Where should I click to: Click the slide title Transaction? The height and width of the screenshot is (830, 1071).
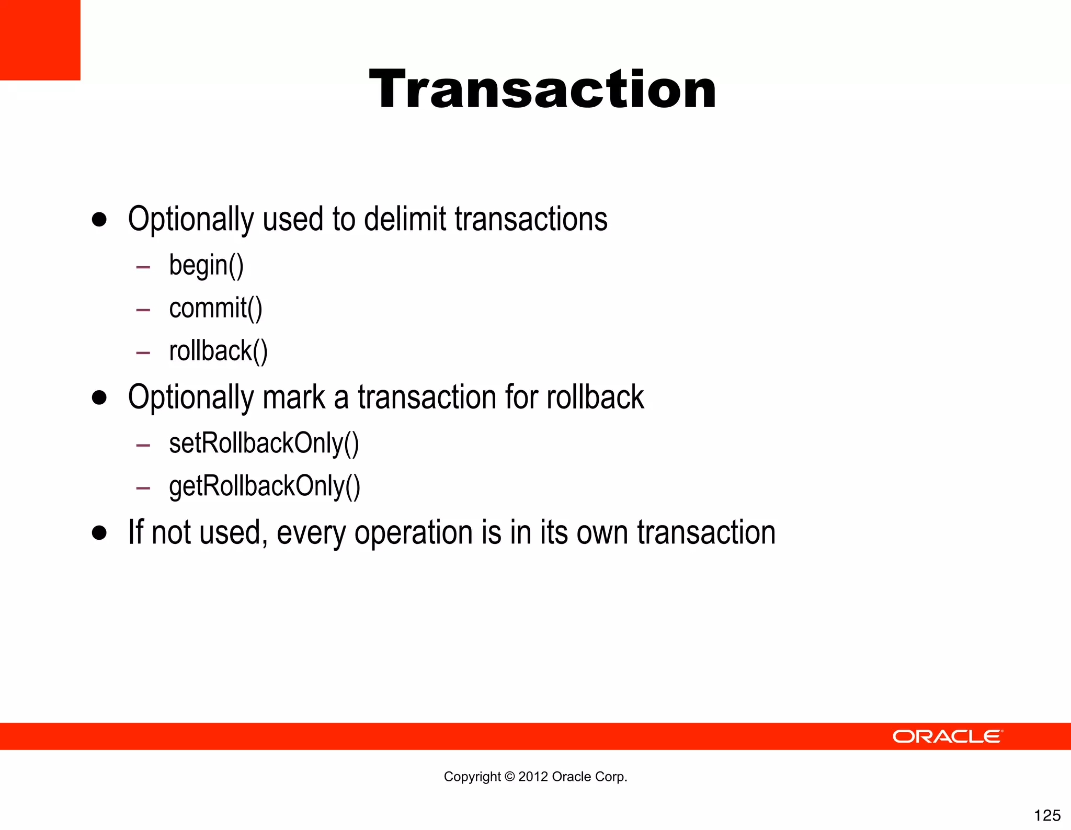click(542, 89)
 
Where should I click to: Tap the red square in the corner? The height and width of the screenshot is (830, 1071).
click(40, 40)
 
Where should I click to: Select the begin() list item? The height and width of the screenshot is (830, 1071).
click(206, 265)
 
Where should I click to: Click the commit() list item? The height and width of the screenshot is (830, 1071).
click(215, 308)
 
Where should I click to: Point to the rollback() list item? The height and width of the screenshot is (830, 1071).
click(218, 351)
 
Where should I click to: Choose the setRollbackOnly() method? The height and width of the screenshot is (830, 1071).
click(264, 444)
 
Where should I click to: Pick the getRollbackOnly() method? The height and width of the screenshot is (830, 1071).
click(265, 486)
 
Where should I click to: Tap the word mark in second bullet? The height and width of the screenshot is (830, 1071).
click(293, 397)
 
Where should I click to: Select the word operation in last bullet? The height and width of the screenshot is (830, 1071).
click(413, 533)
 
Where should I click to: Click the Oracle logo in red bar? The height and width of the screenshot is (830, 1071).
click(948, 736)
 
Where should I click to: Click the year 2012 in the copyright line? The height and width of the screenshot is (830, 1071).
click(533, 777)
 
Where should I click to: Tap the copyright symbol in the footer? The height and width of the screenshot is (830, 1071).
click(509, 777)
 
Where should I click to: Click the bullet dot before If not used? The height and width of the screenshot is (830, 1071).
click(99, 533)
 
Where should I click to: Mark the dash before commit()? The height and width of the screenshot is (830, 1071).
click(143, 310)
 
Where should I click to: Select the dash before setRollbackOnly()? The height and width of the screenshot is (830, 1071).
click(143, 446)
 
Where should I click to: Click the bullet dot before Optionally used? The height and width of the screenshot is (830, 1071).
click(99, 219)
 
